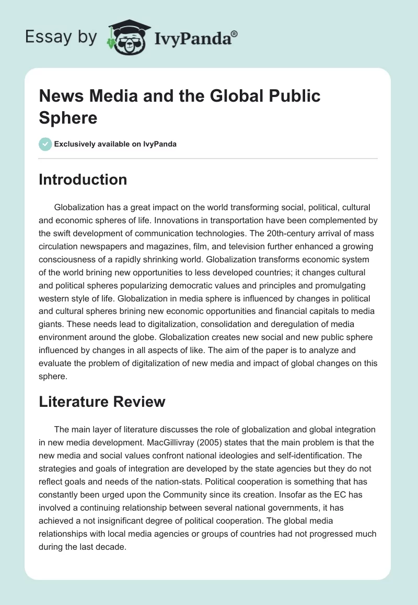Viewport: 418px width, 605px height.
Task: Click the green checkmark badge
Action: pos(45,144)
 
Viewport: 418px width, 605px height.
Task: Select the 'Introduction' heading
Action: pos(83,179)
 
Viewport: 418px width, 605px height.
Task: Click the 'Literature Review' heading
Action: pos(102,402)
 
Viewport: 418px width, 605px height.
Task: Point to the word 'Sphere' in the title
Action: pos(68,117)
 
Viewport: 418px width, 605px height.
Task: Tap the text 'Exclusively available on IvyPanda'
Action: pos(115,144)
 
